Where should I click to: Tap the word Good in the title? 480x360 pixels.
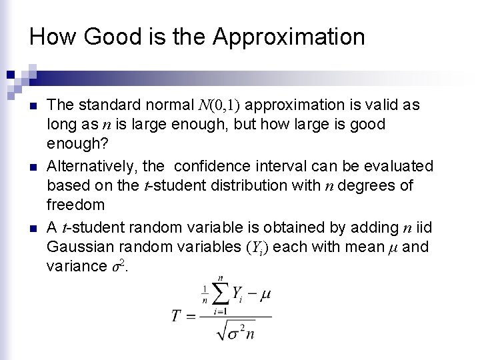(110, 37)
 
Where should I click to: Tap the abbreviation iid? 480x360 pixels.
(423, 228)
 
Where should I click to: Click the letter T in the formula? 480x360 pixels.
(177, 315)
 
